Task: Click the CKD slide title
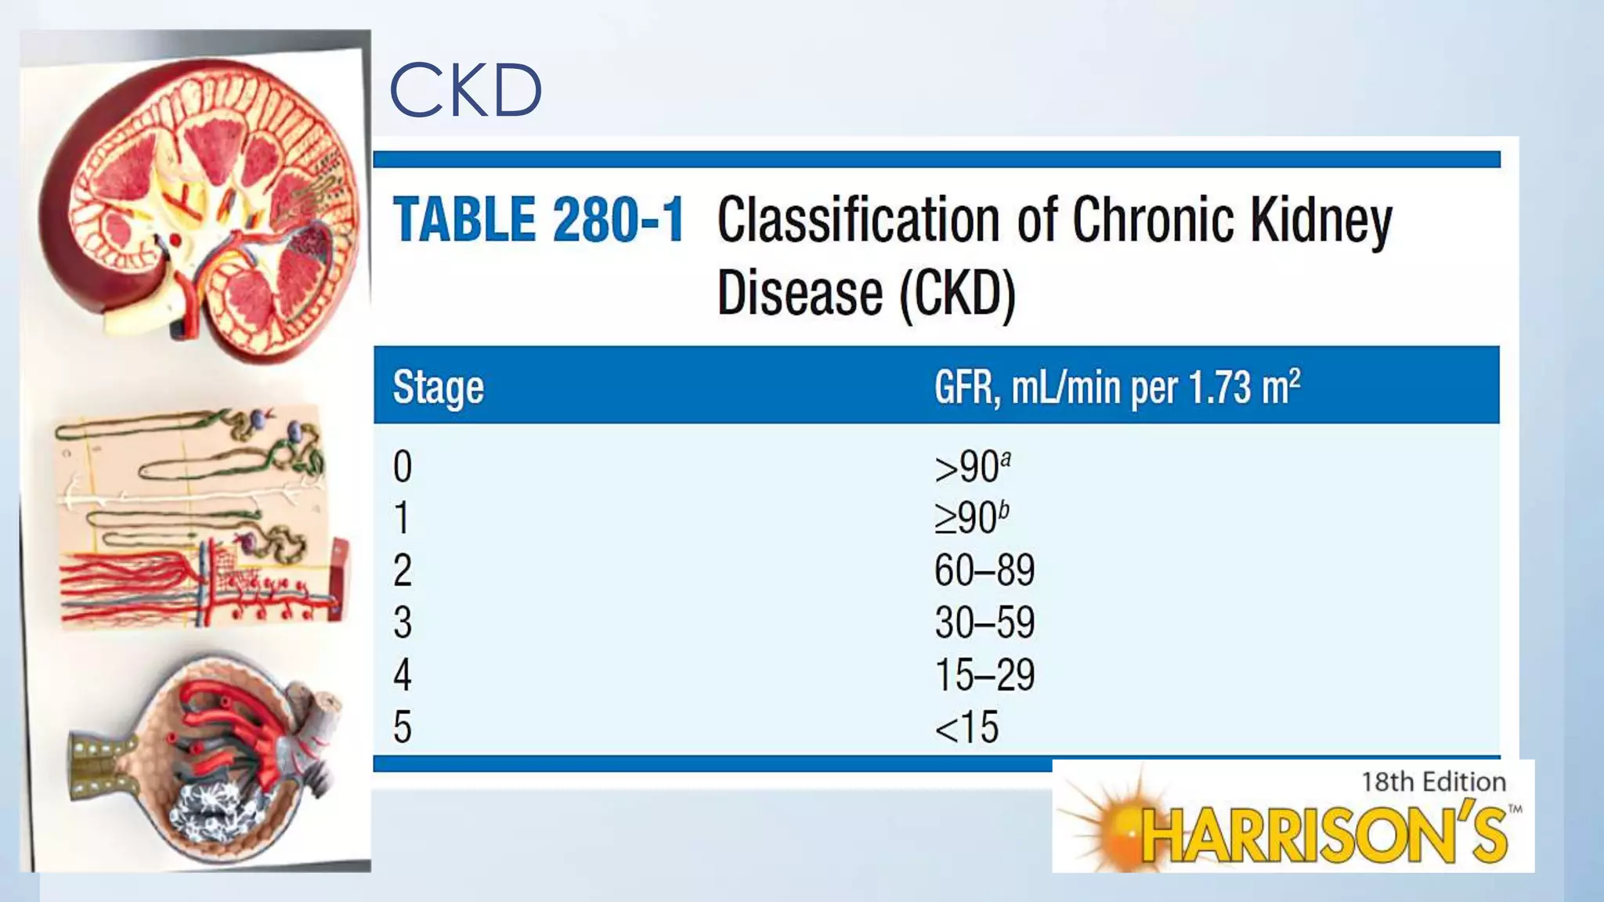pos(465,90)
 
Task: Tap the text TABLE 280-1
pos(539,220)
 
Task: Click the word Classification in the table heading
pos(858,220)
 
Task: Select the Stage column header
pos(438,388)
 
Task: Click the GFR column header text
pos(1117,387)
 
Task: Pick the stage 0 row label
pos(403,467)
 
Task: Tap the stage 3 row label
pos(403,622)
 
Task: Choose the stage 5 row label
pos(403,727)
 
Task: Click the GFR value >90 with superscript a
pos(972,467)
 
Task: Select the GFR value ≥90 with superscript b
pos(971,518)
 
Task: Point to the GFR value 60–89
pos(984,570)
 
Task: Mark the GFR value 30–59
pos(984,622)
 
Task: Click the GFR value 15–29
pos(984,675)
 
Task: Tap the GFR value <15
pos(966,728)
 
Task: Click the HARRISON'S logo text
pos(1324,835)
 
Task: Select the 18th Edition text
pos(1433,781)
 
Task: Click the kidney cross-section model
pos(200,207)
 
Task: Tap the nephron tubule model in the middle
pos(200,517)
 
